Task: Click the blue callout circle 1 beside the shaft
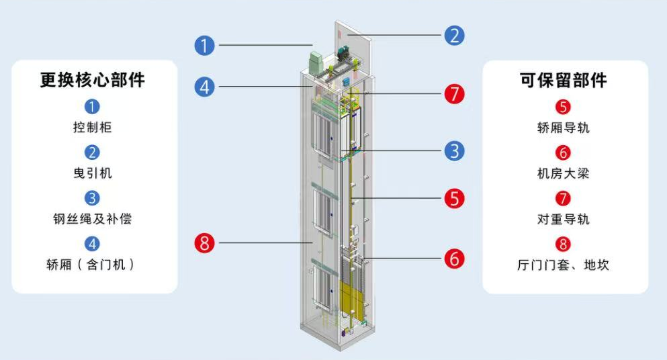205,46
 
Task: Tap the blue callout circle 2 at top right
454,36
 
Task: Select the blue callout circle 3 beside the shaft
454,151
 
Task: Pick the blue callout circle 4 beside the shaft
205,87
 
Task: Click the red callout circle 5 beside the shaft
454,198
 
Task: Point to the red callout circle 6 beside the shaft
454,259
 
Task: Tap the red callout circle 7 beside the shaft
454,93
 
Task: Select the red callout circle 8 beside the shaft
205,243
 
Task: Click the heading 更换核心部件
92,80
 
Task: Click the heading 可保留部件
563,80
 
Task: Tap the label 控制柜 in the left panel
92,127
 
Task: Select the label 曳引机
92,173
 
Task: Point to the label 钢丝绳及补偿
92,219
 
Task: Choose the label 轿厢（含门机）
91,265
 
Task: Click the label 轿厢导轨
563,128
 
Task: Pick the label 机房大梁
563,173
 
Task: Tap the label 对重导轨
563,219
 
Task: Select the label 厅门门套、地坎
563,265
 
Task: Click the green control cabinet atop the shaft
317,63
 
